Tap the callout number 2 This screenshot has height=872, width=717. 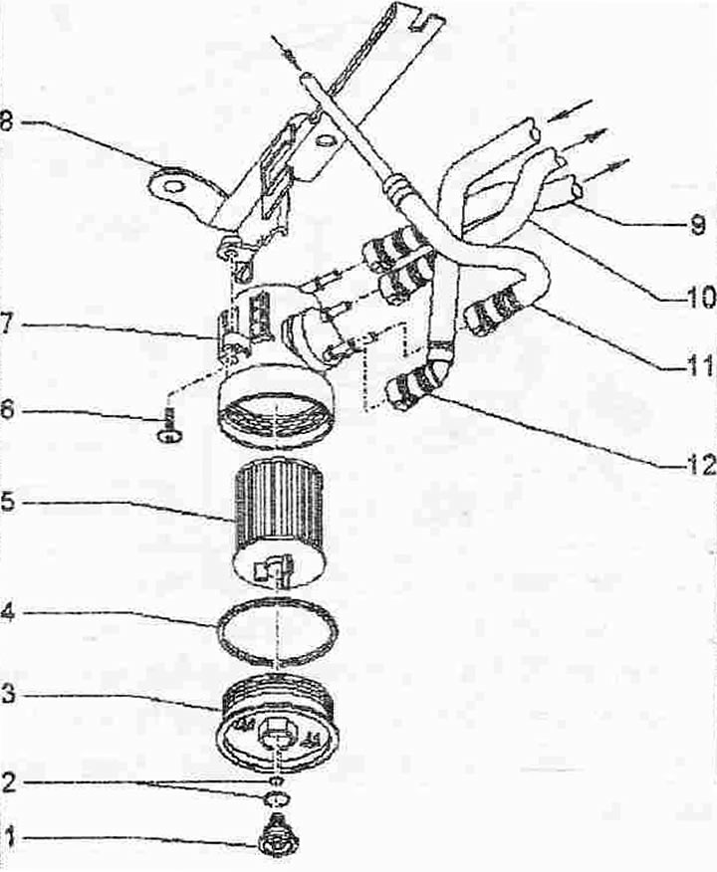point(9,782)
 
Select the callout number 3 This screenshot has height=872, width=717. point(9,696)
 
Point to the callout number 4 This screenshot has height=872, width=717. point(8,612)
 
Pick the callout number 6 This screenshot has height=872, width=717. point(8,411)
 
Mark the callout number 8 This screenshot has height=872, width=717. point(7,120)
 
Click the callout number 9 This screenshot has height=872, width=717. point(697,224)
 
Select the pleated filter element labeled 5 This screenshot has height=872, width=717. point(278,526)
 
